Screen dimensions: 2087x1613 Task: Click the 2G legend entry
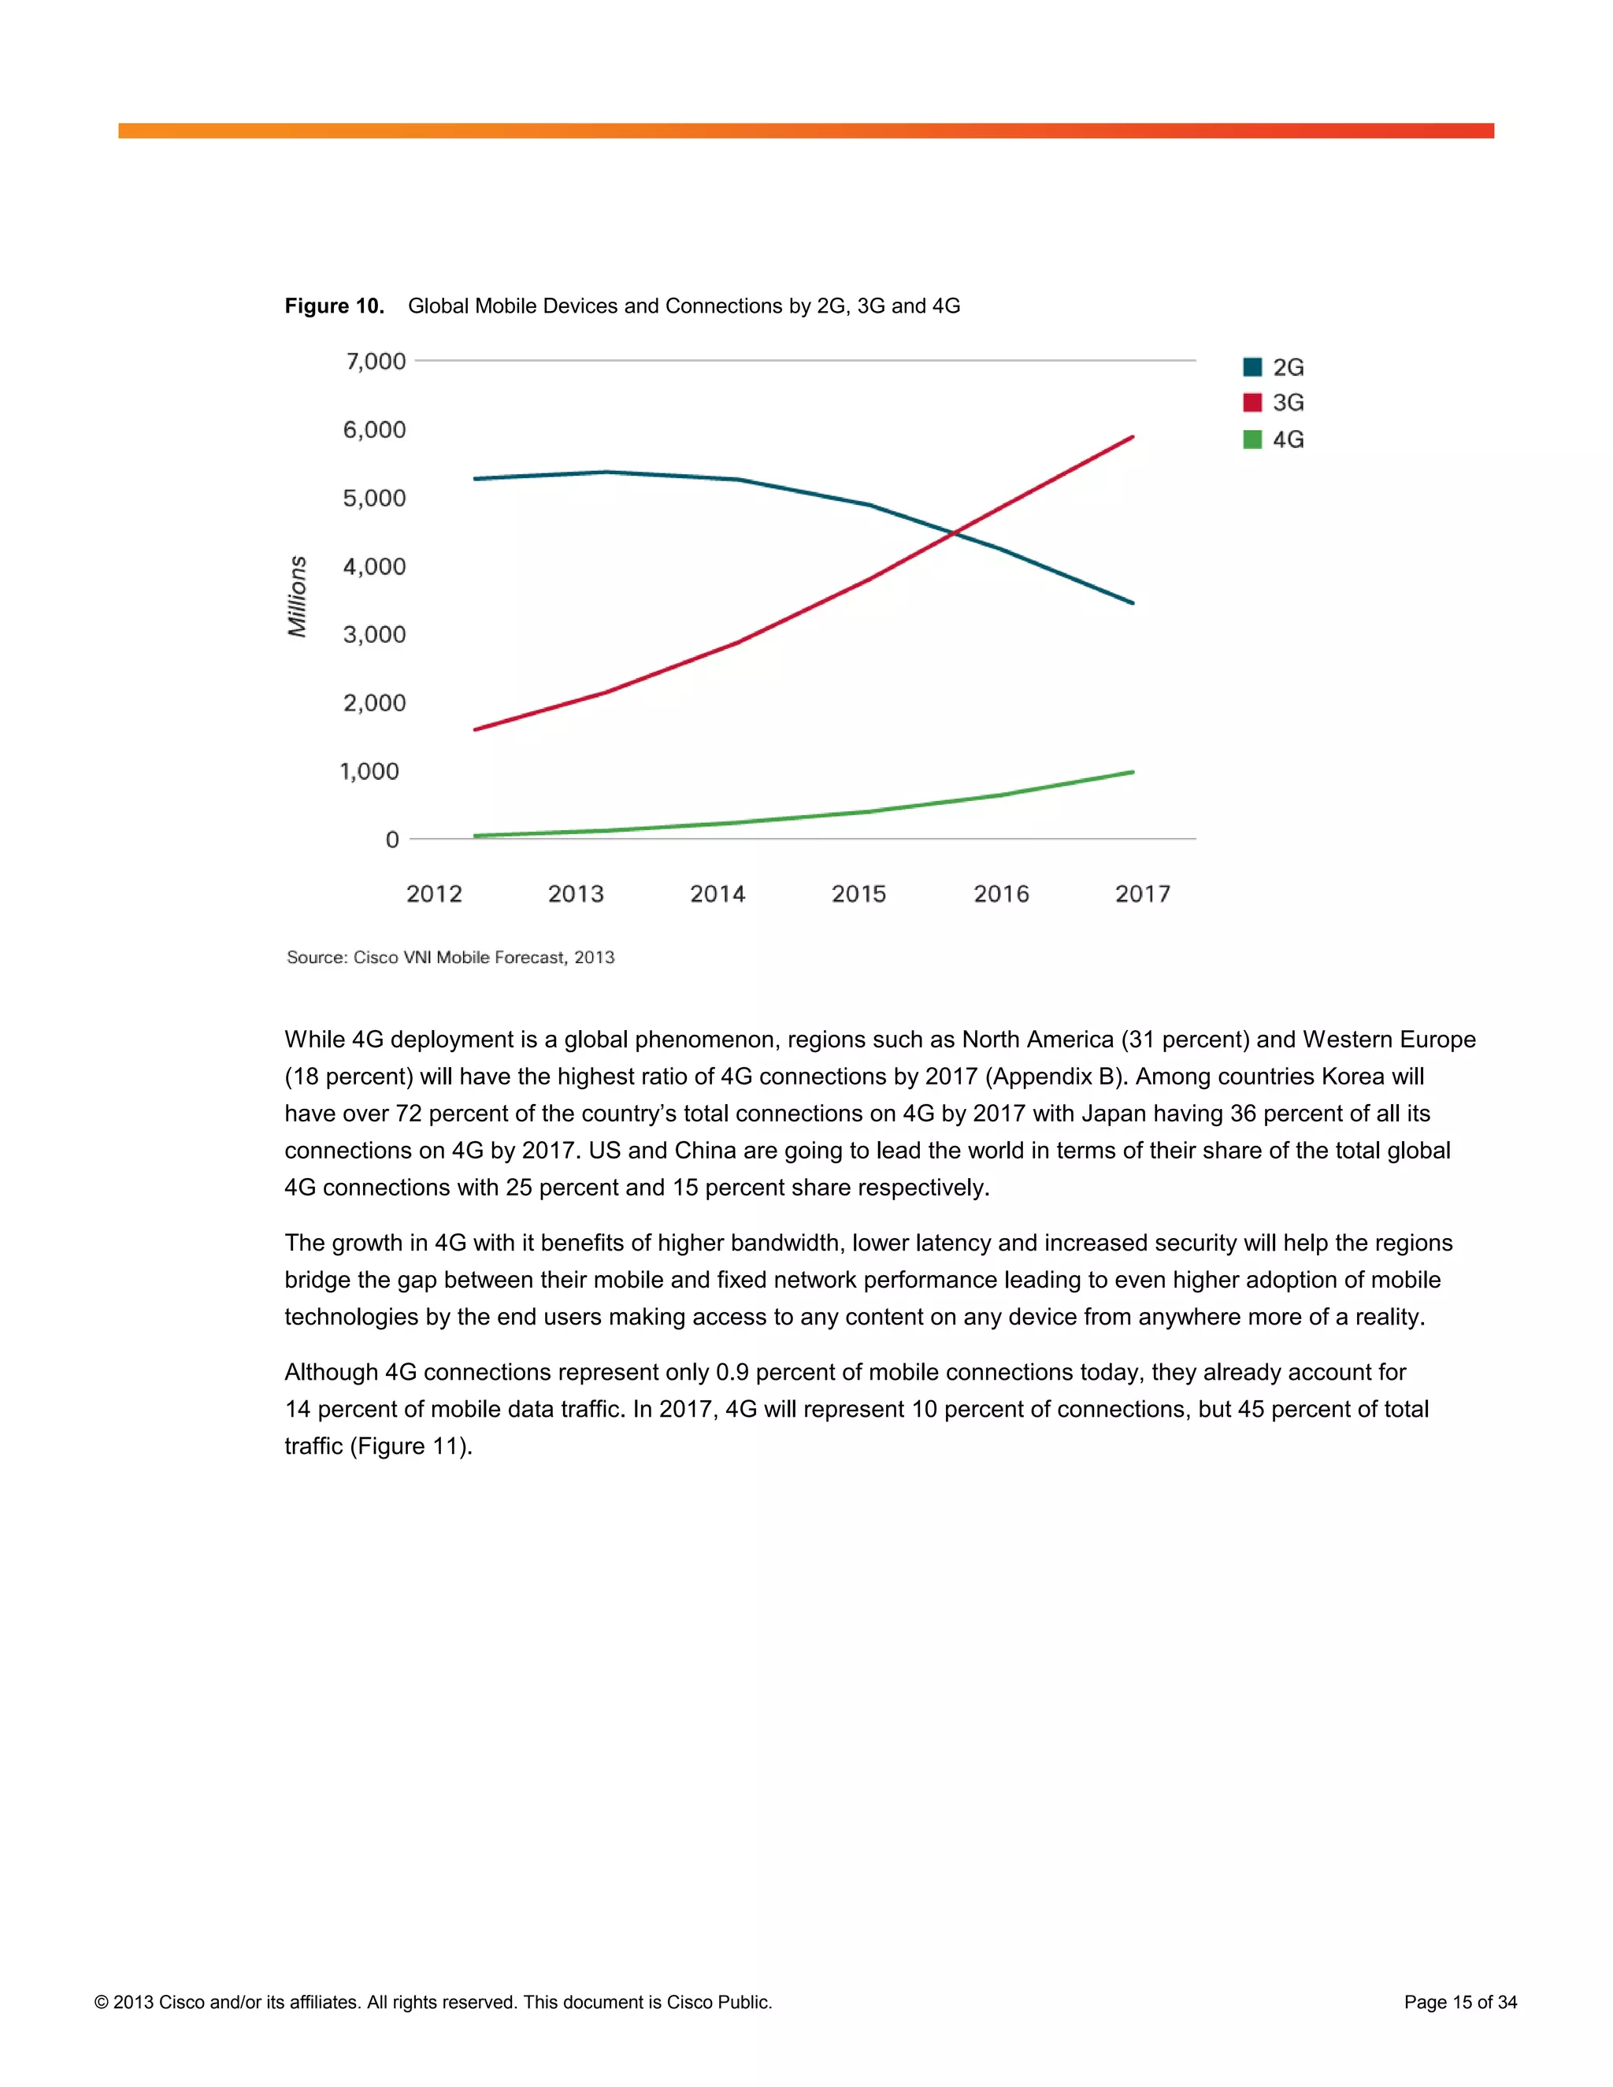pos(1274,367)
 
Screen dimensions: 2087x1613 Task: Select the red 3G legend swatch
pos(1251,402)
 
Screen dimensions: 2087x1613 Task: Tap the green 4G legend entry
pos(1274,439)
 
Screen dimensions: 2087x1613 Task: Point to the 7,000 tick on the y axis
pos(376,361)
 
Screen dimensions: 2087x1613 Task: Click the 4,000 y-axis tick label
pos(375,567)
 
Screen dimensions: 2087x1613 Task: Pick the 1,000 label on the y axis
pos(370,771)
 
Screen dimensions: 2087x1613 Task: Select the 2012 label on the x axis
pos(434,894)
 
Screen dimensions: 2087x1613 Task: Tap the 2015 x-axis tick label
pos(858,894)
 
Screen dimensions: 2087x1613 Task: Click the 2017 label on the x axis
pos(1142,894)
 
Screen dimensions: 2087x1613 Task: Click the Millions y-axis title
pos(297,596)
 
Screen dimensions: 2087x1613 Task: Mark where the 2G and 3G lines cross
pos(954,534)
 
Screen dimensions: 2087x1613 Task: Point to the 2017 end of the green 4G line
pos(1133,772)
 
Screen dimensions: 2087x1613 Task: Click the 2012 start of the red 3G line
pos(476,729)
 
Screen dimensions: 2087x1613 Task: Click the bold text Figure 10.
pos(333,306)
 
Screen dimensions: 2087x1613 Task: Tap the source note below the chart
pos(450,958)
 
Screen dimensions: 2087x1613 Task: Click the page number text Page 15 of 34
pos(1459,2002)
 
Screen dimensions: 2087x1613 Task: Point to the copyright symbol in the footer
pos(102,2003)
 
